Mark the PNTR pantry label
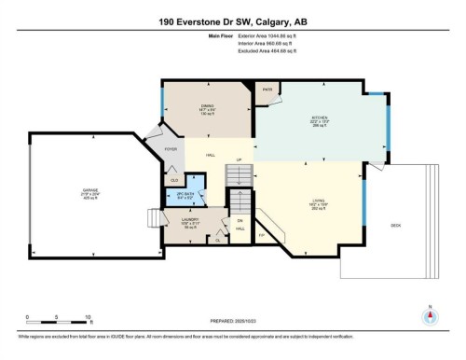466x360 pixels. [267, 90]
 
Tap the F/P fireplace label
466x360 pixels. [264, 235]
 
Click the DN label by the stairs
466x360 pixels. [239, 220]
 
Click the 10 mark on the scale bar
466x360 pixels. [88, 318]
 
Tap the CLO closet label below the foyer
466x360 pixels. [173, 179]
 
